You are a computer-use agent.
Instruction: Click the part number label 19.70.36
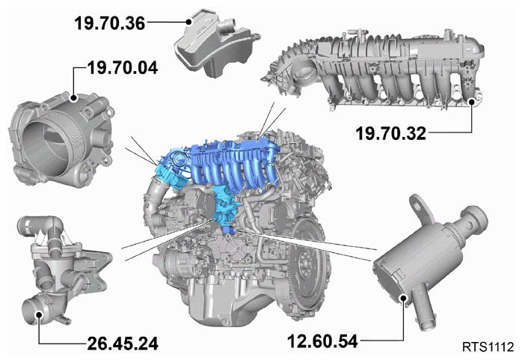109,23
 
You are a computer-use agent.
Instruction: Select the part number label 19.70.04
123,68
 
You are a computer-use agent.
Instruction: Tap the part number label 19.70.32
391,133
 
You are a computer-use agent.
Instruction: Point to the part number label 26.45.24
123,344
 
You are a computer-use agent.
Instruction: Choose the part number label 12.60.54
322,341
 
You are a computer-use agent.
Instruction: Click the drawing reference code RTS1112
488,347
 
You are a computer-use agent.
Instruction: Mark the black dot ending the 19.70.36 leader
189,22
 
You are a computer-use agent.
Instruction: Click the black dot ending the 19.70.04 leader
73,98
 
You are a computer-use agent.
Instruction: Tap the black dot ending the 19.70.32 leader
472,102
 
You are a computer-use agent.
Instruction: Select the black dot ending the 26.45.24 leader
40,314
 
